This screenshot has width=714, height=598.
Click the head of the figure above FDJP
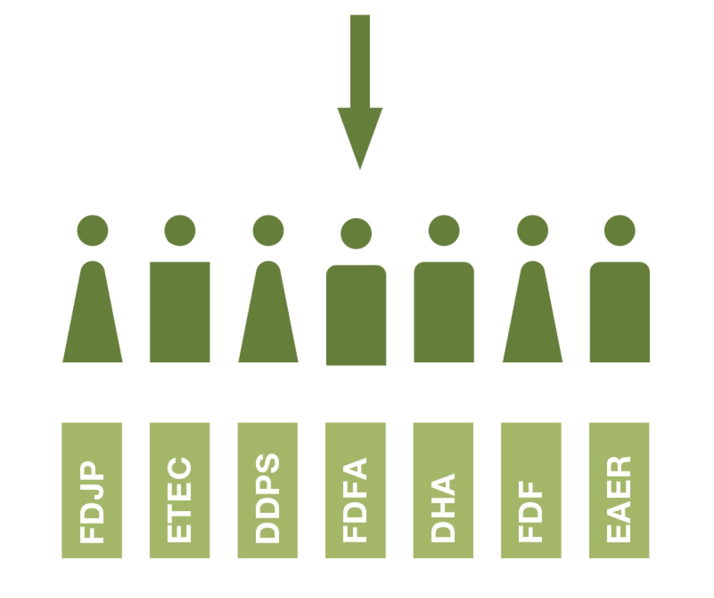click(x=93, y=230)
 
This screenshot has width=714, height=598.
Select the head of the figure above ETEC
click(x=180, y=230)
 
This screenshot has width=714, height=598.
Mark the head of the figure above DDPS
click(x=268, y=230)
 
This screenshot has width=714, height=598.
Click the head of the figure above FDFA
click(x=356, y=234)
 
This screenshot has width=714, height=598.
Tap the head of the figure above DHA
click(x=444, y=230)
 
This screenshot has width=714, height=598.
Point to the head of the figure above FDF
click(x=533, y=230)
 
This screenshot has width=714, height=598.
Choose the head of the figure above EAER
click(x=620, y=230)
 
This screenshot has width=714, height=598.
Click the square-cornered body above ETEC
click(x=180, y=312)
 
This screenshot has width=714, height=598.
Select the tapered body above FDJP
click(x=93, y=320)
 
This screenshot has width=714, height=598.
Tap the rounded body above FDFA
click(x=356, y=315)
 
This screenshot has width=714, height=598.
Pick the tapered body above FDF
click(x=533, y=320)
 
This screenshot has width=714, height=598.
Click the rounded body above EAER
click(x=620, y=312)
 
